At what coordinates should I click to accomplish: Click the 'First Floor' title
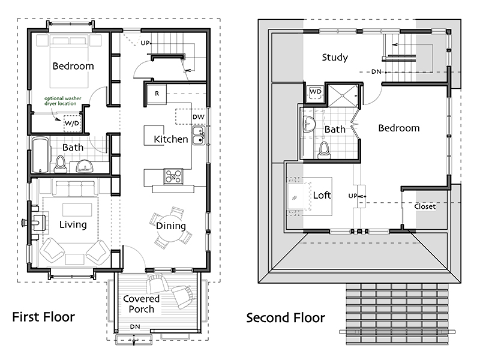point(43,317)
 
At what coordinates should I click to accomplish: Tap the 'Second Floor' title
point(286,318)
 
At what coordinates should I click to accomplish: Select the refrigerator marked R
point(157,94)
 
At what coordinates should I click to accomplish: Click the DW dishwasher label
point(199,116)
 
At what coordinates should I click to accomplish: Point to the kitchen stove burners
point(173,176)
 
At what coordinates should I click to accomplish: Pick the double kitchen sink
point(199,136)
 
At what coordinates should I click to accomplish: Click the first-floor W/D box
point(72,124)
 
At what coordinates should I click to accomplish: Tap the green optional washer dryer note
point(62,101)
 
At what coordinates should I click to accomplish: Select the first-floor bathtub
point(40,155)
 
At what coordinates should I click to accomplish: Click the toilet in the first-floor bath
point(61,164)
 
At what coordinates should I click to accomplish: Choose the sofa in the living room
point(75,188)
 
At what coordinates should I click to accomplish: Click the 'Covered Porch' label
point(141,304)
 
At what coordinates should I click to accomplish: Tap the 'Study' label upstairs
point(335,58)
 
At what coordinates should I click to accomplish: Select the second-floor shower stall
point(343,95)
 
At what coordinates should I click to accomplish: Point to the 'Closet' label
point(425,206)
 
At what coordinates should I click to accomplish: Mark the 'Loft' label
point(322,195)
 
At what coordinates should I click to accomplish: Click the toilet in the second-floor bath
point(325,151)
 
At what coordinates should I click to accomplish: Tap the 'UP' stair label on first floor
point(145,43)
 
